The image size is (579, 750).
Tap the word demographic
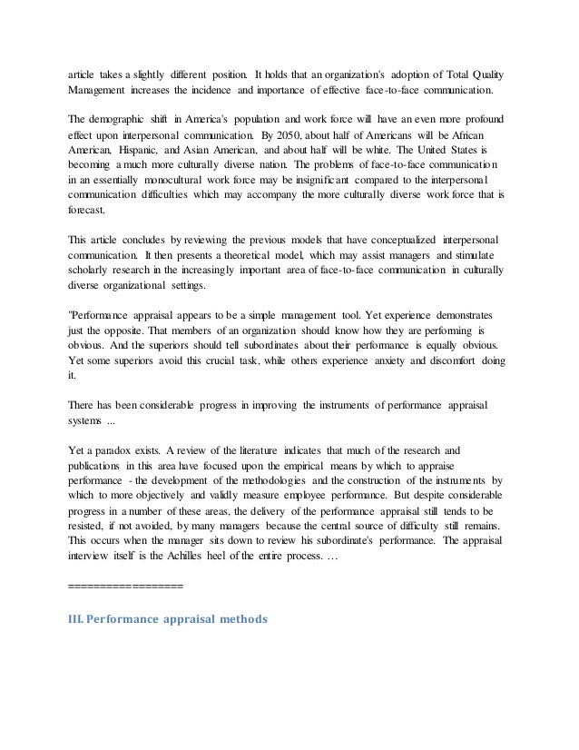(127, 120)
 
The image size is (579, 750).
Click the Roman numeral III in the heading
(80, 620)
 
